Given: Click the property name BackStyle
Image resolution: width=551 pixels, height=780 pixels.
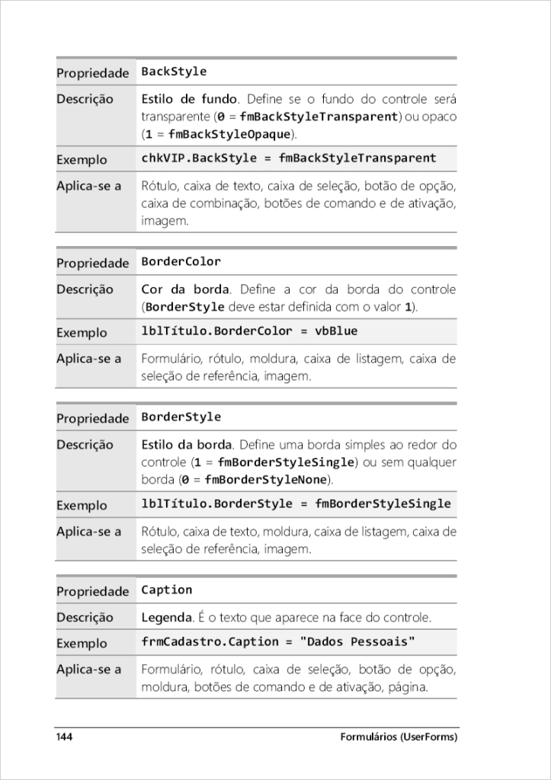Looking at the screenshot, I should pyautogui.click(x=174, y=72).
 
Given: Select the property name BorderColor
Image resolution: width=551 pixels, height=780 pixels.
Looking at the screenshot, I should pyautogui.click(x=181, y=262).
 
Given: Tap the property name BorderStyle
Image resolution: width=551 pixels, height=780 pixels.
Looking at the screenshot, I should pyautogui.click(x=181, y=417).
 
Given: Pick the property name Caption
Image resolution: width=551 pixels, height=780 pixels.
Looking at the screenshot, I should pyautogui.click(x=166, y=590).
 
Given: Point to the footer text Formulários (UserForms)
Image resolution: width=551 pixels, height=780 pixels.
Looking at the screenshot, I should pyautogui.click(x=399, y=737).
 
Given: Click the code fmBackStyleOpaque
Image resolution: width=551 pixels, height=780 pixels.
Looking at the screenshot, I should pyautogui.click(x=229, y=134).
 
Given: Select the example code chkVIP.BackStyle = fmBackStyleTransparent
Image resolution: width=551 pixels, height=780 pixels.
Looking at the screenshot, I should pyautogui.click(x=289, y=158).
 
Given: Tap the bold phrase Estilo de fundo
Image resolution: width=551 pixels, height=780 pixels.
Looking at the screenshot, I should pyautogui.click(x=189, y=99).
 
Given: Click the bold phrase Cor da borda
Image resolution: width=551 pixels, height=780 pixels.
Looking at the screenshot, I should pyautogui.click(x=185, y=289).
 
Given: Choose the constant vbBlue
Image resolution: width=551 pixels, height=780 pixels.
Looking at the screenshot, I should pyautogui.click(x=336, y=331).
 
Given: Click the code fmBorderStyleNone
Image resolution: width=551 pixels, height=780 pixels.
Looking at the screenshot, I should pyautogui.click(x=265, y=480).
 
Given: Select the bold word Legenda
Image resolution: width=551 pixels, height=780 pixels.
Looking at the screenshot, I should pyautogui.click(x=164, y=617).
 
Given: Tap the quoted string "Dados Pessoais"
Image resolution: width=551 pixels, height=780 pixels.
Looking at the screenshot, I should pyautogui.click(x=358, y=642).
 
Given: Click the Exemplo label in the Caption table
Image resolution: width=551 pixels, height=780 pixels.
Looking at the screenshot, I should pyautogui.click(x=82, y=644).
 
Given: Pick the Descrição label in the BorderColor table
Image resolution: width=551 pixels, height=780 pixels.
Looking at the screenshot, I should pyautogui.click(x=85, y=289).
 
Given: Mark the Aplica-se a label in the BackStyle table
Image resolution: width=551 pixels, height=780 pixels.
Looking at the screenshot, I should pyautogui.click(x=88, y=186).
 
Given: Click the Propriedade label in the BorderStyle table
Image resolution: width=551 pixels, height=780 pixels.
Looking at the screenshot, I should pyautogui.click(x=92, y=418).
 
